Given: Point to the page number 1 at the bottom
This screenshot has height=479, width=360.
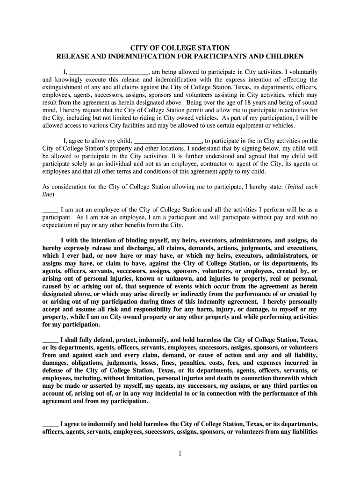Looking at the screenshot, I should (x=180, y=453).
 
